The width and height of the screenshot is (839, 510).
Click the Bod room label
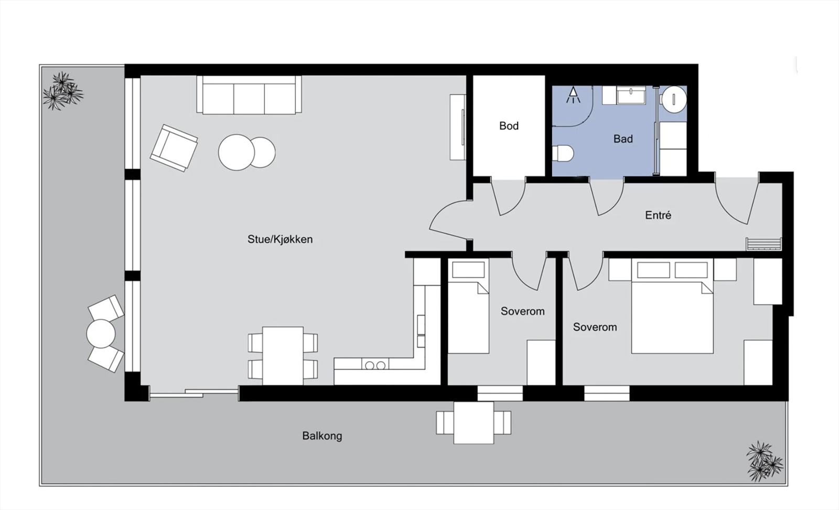(509, 126)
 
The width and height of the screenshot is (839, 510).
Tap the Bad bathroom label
(623, 139)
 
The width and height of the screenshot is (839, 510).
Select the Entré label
(658, 215)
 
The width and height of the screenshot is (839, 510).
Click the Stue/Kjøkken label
(280, 239)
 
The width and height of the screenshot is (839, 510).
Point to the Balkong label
(322, 436)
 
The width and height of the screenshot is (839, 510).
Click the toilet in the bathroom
(562, 154)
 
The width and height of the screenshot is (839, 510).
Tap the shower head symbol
(573, 95)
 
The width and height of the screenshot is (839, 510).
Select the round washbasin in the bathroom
(673, 99)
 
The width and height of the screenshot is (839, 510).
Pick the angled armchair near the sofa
(174, 147)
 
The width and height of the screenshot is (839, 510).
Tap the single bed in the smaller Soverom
(468, 314)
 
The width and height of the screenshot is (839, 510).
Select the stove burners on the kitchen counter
(374, 365)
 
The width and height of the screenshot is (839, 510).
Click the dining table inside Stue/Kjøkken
(283, 355)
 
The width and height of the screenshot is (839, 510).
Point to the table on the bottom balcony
(474, 422)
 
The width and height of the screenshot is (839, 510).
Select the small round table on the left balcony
(101, 333)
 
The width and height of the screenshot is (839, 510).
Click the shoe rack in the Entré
(763, 244)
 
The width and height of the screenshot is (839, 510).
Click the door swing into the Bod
(508, 197)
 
